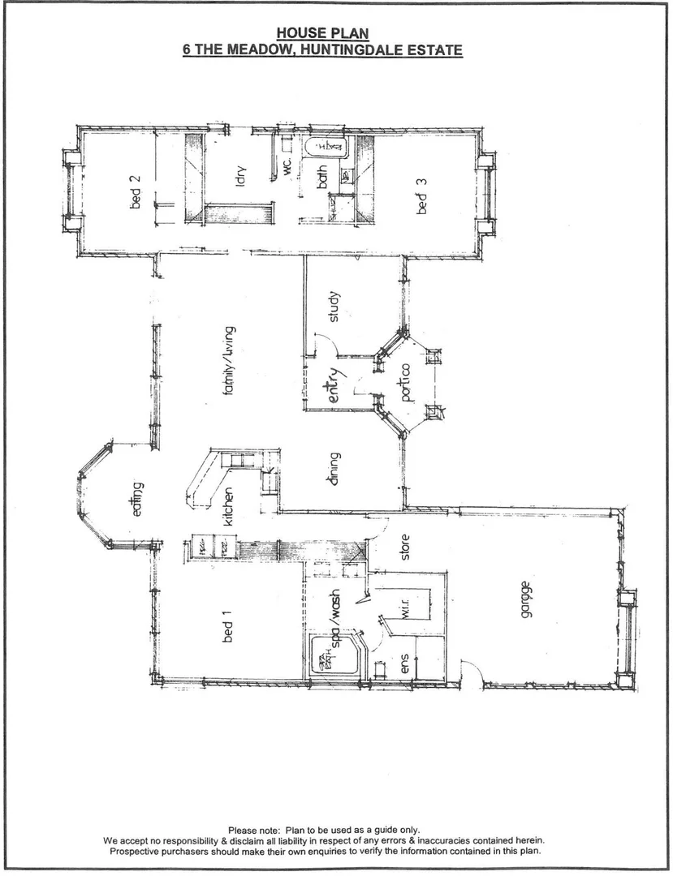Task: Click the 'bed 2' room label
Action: click(136, 191)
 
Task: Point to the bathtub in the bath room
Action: click(326, 148)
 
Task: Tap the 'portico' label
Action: click(406, 381)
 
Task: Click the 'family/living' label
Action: click(229, 360)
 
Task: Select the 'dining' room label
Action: click(333, 470)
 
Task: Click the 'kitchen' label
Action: click(229, 507)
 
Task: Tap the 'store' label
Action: click(406, 547)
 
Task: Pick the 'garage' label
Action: click(527, 599)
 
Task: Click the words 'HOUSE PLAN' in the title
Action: click(322, 33)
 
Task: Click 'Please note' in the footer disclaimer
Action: click(253, 830)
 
